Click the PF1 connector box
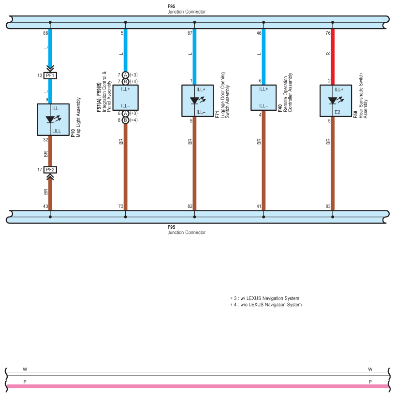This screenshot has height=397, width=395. pos(50,75)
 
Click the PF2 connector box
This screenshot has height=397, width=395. pos(50,170)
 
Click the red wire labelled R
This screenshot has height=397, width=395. pos(333,57)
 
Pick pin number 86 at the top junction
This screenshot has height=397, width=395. pos(45,33)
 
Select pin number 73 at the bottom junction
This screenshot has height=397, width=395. pos(121,206)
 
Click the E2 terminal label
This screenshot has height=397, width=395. pos(337,112)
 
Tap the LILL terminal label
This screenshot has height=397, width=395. pos(57,131)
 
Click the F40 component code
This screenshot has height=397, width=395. pos(280,108)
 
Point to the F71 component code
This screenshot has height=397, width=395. pos(217,115)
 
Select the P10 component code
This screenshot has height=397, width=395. pos(73,133)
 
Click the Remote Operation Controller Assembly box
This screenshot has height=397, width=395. pos(263,98)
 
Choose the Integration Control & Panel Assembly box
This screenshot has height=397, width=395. pos(125,98)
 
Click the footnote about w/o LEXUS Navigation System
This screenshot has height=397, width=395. pos(266,305)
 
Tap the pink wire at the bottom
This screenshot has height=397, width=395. pos(197,386)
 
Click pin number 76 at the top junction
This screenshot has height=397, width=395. pos(328,33)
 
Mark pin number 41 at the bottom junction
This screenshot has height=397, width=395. pos(259,206)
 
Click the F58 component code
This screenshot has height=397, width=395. pos(355,115)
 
